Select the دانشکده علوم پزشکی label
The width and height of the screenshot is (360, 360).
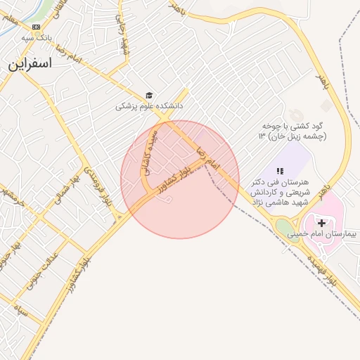[149, 106]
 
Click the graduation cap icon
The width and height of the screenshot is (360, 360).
[149, 95]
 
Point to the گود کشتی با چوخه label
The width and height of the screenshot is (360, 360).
[292, 125]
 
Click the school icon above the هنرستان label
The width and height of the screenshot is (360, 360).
[279, 171]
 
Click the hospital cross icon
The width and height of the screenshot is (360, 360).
[322, 222]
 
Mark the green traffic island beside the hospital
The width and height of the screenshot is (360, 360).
[283, 228]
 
